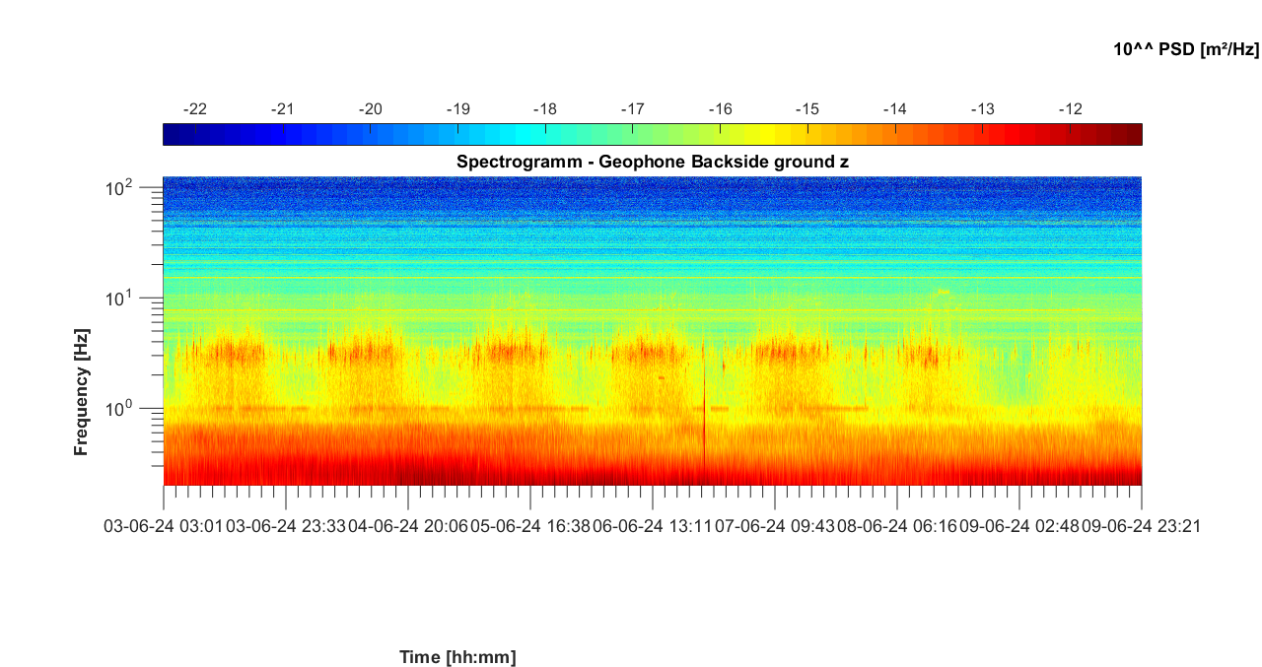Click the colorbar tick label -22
[196, 108]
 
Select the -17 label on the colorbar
[632, 108]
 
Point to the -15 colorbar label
[807, 108]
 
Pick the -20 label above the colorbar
[371, 108]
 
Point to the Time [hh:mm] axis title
[457, 657]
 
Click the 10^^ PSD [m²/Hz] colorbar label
[1186, 49]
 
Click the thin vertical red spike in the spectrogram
[704, 414]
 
